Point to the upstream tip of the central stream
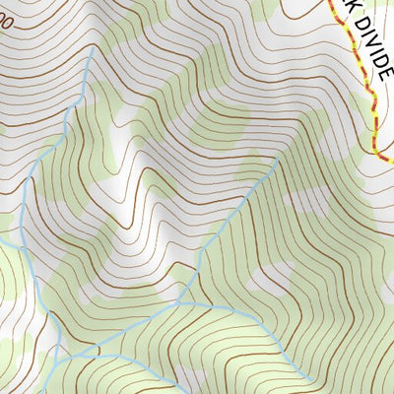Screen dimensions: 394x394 277,164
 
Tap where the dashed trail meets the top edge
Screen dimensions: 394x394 329,1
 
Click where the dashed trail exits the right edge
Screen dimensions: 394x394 392,159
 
